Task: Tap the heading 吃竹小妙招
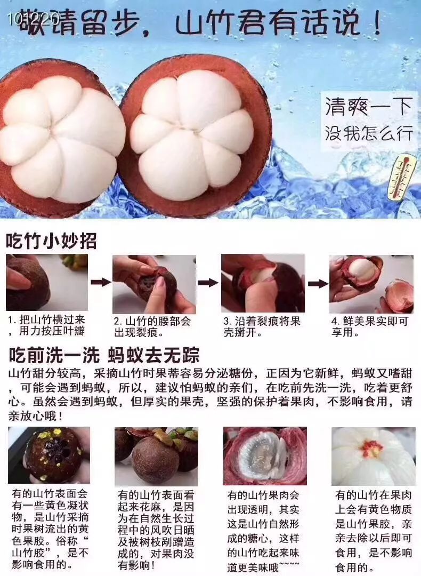click(51, 241)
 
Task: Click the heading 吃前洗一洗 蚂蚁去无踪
click(104, 355)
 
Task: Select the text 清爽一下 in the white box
click(369, 107)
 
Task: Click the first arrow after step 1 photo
click(100, 282)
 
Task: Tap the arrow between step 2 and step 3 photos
click(208, 282)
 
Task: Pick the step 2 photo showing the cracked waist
click(153, 284)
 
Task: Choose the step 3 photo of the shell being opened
click(263, 283)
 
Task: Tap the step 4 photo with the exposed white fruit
click(371, 284)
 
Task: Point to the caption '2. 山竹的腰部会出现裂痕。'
click(152, 327)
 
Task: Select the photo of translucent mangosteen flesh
click(265, 456)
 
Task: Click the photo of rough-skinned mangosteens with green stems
click(156, 456)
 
